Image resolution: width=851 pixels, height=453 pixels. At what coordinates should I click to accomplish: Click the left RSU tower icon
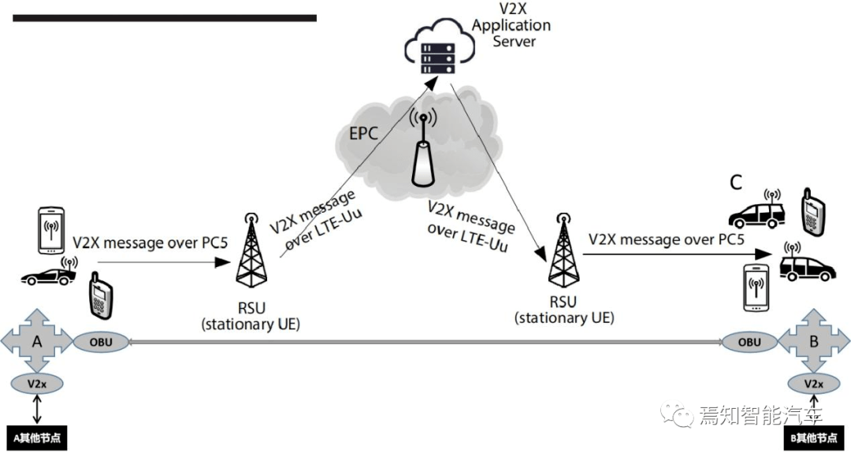click(251, 250)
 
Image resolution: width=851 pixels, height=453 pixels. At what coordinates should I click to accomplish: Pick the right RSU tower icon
click(562, 250)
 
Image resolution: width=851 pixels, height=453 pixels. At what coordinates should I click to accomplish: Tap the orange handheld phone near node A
click(99, 292)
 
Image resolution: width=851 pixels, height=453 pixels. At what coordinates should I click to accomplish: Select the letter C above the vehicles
click(735, 183)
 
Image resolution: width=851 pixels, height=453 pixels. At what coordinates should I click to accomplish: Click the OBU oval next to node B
click(749, 342)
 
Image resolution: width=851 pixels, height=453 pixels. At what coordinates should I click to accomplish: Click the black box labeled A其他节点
click(37, 438)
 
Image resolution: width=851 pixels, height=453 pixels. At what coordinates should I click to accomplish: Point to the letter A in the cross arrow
click(37, 342)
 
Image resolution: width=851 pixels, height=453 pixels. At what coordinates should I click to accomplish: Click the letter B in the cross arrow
click(814, 342)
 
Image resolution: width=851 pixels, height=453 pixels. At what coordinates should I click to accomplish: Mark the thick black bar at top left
click(165, 17)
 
